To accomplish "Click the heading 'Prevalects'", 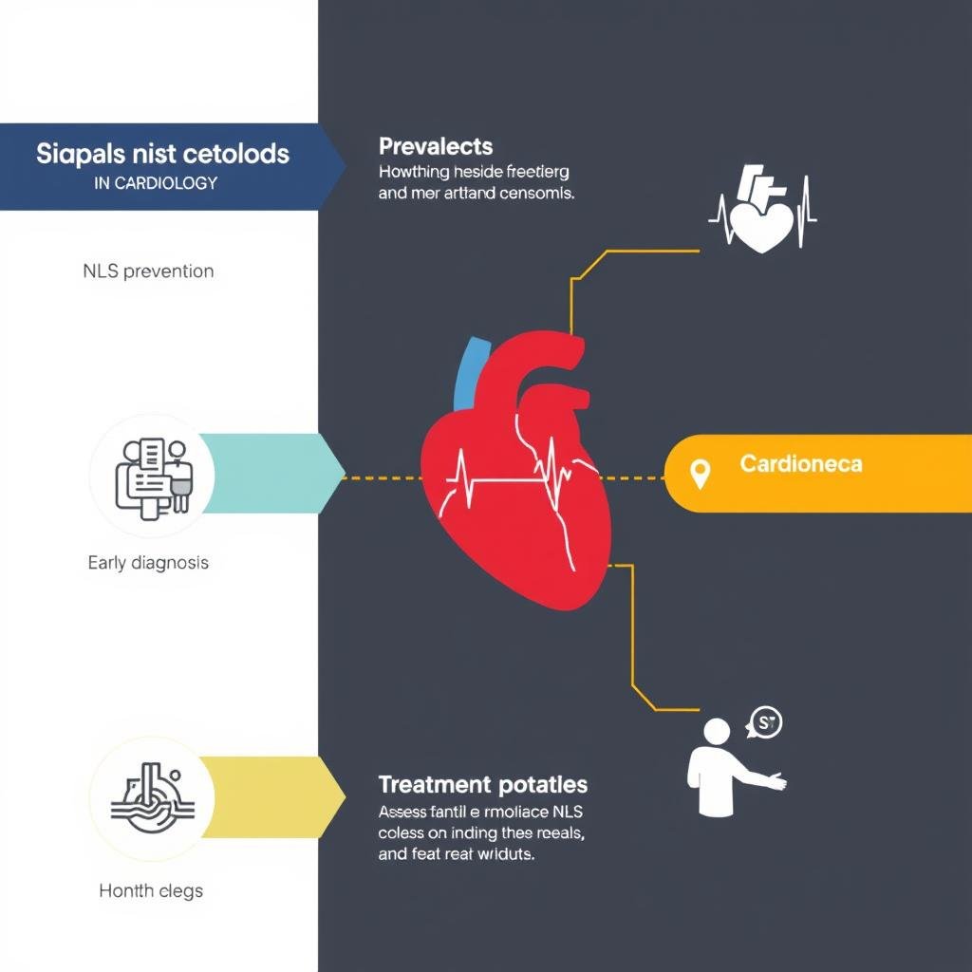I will (x=435, y=147).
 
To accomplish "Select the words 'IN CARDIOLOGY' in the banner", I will (x=156, y=183).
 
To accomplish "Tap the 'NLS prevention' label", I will (x=147, y=271).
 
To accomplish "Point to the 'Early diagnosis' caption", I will (x=147, y=562).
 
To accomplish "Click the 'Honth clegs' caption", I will (x=151, y=890).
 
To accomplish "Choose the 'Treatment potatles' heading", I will (x=482, y=785).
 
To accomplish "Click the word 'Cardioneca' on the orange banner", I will (x=801, y=464).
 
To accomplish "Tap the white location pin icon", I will (x=701, y=474).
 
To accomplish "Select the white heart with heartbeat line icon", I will (x=761, y=213).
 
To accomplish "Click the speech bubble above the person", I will (x=765, y=723).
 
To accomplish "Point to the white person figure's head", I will (x=717, y=732).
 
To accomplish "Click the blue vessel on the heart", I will (x=467, y=371).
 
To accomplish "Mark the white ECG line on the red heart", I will (x=513, y=475).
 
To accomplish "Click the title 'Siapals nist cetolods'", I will (x=162, y=154).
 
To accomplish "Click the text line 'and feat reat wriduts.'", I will (x=457, y=853).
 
